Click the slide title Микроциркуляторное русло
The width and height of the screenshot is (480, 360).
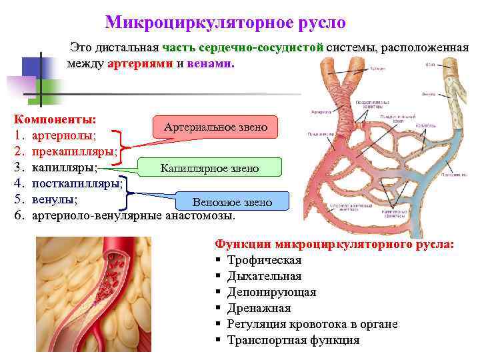point(225,23)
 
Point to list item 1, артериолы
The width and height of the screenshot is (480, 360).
point(63,136)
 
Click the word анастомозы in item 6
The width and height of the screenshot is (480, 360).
point(199,216)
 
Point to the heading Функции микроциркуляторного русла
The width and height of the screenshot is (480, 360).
point(334,244)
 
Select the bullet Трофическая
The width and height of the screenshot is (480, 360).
point(264,260)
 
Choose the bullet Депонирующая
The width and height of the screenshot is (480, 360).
point(271,292)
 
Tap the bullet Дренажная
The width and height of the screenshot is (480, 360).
point(259,308)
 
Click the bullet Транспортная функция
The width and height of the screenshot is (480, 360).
point(293,340)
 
